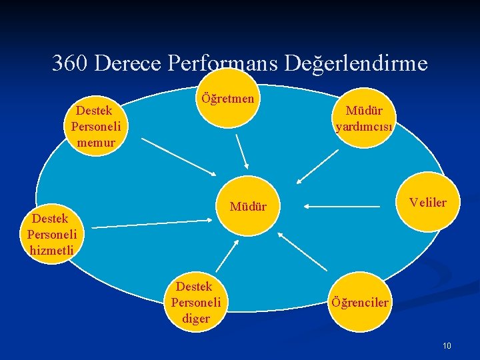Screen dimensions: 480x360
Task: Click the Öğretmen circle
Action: [x=227, y=99]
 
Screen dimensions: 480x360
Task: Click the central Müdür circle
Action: [x=248, y=207]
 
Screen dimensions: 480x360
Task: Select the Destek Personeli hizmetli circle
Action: [x=52, y=234]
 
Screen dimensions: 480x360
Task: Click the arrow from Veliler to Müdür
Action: [x=343, y=207]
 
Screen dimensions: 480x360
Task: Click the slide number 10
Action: [x=447, y=345]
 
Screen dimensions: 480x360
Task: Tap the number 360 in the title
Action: [x=71, y=63]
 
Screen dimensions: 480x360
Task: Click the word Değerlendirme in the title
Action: [x=355, y=63]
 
